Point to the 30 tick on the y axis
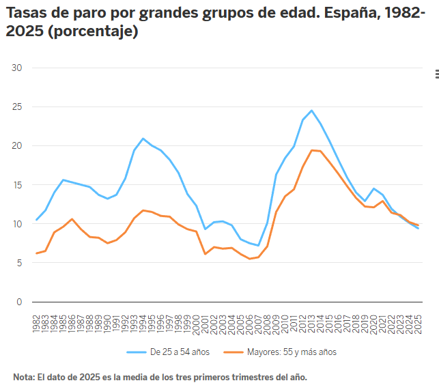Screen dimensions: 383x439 pos(18,68)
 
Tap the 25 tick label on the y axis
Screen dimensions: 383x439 pos(18,107)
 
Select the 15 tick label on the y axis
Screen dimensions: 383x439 pos(18,185)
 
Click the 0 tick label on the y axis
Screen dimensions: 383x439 pos(20,302)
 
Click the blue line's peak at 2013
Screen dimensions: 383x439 pos(311,111)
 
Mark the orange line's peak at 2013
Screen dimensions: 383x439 pos(311,150)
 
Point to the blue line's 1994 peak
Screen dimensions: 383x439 pos(143,139)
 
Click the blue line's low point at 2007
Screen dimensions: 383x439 pos(258,245)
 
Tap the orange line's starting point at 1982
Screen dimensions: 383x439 pos(36,253)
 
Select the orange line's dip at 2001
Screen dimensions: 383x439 pos(205,254)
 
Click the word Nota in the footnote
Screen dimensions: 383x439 pos(23,377)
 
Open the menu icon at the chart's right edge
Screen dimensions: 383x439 pos(436,74)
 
